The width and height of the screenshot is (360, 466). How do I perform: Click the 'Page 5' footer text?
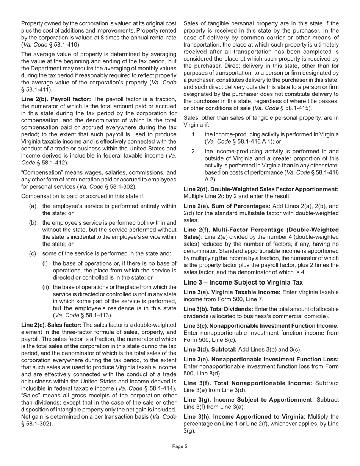[x=180, y=446]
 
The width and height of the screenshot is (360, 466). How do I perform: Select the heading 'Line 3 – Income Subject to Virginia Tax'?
[x=243, y=282]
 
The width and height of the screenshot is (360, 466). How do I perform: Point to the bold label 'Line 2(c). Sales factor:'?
[x=51, y=325]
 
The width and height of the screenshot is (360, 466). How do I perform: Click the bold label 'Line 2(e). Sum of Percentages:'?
[x=227, y=206]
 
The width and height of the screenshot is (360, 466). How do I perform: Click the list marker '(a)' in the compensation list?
[x=33, y=206]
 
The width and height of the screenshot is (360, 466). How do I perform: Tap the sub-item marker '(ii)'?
[x=45, y=287]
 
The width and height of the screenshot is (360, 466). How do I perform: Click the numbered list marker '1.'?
[x=194, y=134]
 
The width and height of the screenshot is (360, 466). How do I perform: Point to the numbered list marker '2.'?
[x=194, y=152]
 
